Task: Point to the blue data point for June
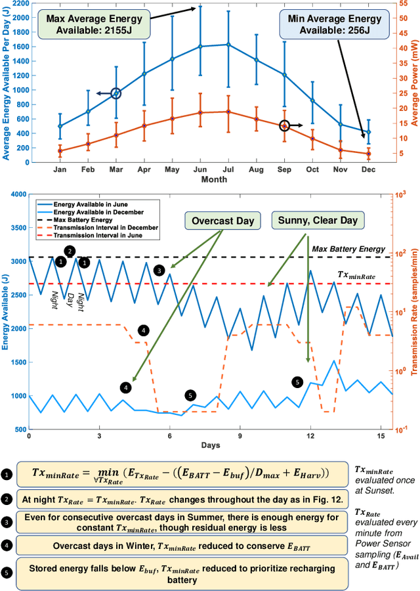coord(200,47)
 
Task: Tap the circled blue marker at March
coord(115,94)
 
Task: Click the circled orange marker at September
coord(284,125)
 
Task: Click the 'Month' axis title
coord(214,179)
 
